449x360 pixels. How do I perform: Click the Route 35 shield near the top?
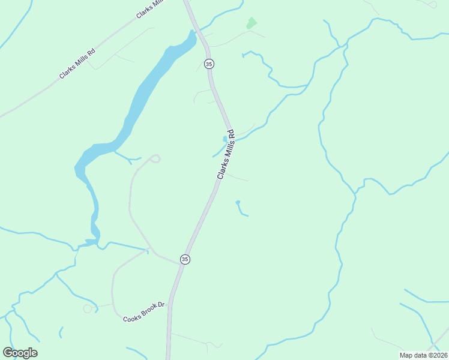[209, 64]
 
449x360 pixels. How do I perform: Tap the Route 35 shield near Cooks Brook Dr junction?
[185, 259]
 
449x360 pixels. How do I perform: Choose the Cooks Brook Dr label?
[144, 312]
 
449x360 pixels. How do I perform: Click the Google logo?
[20, 353]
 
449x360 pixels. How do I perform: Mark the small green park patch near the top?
[251, 23]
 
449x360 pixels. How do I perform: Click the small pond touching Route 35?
[225, 139]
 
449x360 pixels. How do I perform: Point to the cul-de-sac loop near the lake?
[155, 158]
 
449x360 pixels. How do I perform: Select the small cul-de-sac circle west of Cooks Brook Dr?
[88, 308]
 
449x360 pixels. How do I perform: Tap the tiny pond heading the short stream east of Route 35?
[238, 202]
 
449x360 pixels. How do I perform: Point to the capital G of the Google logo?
[8, 353]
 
